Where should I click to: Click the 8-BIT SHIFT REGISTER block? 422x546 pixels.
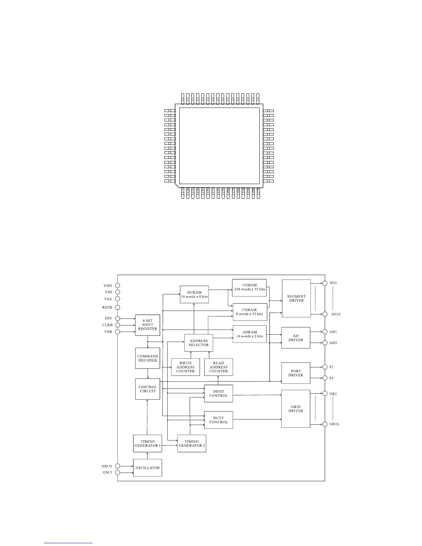pyautogui.click(x=148, y=325)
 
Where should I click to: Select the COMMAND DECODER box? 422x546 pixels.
pyautogui.click(x=148, y=358)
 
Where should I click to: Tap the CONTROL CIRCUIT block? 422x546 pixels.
pyautogui.click(x=148, y=389)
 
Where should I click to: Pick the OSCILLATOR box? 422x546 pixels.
pyautogui.click(x=148, y=468)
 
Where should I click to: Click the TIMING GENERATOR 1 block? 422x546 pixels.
pyautogui.click(x=148, y=444)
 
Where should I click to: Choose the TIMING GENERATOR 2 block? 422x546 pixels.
pyautogui.click(x=192, y=444)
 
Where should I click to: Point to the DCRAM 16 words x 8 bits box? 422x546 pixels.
pyautogui.click(x=194, y=294)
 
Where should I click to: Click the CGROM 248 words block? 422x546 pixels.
pyautogui.click(x=249, y=287)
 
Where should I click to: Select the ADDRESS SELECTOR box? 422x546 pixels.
pyautogui.click(x=199, y=343)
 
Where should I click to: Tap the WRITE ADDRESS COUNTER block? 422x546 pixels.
pyautogui.click(x=185, y=367)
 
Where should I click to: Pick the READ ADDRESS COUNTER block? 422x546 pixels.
pyautogui.click(x=219, y=367)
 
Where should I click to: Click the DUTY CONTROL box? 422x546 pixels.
pyautogui.click(x=219, y=420)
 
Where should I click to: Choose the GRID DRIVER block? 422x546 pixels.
pyautogui.click(x=296, y=409)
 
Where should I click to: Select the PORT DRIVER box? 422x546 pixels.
pyautogui.click(x=296, y=373)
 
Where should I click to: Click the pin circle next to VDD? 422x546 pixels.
pyautogui.click(x=118, y=286)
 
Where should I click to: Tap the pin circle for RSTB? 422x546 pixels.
pyautogui.click(x=118, y=307)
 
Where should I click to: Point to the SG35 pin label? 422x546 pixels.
pyautogui.click(x=336, y=314)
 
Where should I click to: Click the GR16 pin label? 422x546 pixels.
pyautogui.click(x=334, y=424)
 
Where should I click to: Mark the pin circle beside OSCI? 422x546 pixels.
pyautogui.click(x=118, y=473)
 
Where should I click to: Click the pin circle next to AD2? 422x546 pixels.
pyautogui.click(x=325, y=343)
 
